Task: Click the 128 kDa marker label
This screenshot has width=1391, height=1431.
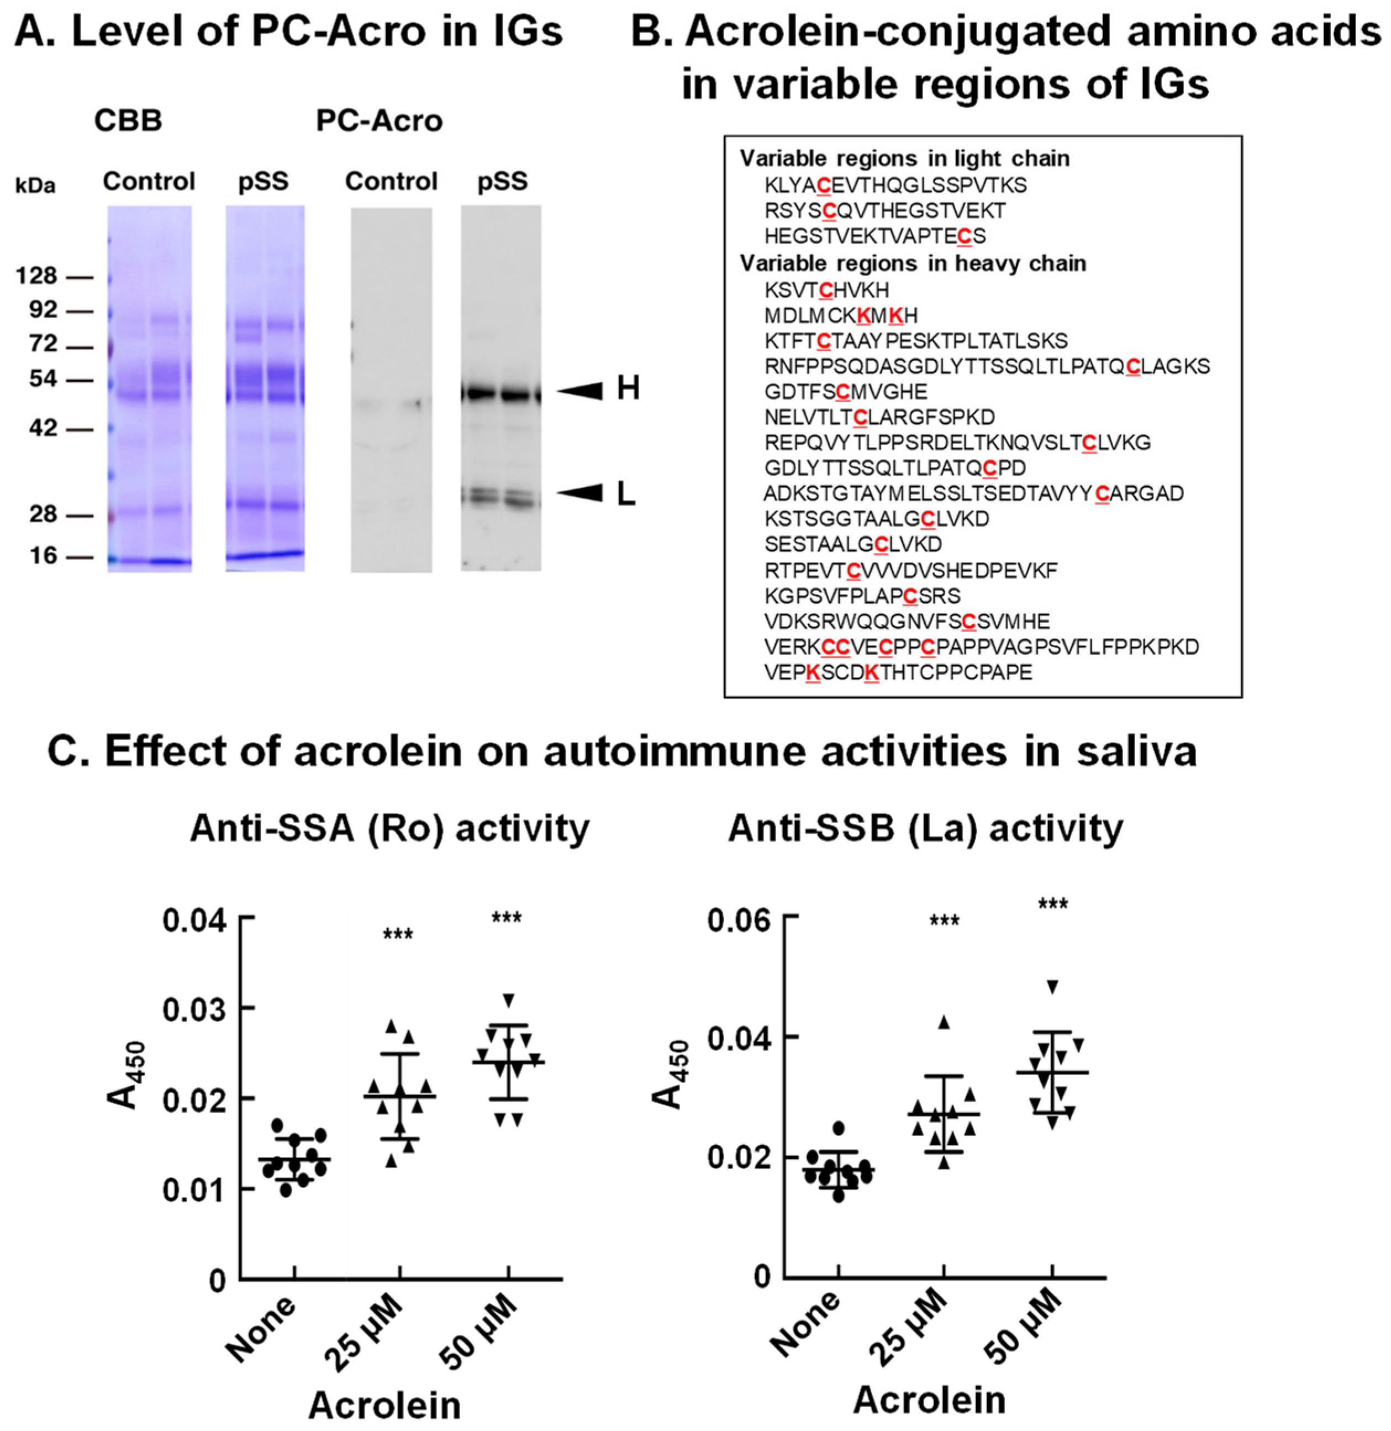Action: pos(36,276)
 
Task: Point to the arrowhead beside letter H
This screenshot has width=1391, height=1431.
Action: pos(582,391)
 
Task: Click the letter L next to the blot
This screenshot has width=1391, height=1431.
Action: pos(626,496)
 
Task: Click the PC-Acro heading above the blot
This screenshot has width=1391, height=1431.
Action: pos(378,120)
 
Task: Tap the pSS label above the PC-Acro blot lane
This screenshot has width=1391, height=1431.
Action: pos(502,181)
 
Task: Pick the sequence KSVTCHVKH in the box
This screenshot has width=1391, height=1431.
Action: pos(826,290)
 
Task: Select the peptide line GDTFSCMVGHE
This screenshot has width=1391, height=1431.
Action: pos(845,392)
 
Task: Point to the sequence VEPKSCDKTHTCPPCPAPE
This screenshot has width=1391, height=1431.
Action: pos(898,672)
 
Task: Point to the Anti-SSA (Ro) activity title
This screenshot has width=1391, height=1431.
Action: pos(389,828)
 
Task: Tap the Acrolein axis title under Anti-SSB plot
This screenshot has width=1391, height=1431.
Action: pos(929,1400)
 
